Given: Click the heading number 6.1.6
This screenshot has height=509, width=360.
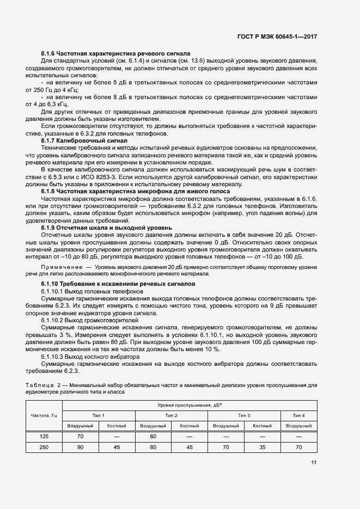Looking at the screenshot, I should click(x=50, y=54).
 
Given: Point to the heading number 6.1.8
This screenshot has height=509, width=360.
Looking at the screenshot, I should click(x=50, y=191).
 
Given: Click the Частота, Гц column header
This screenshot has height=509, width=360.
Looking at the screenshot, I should click(x=44, y=415).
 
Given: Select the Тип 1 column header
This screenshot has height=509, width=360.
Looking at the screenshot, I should click(x=99, y=415).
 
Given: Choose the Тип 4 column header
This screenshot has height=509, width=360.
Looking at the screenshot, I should click(x=298, y=415).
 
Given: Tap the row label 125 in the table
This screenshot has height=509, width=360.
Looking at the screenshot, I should click(x=44, y=437).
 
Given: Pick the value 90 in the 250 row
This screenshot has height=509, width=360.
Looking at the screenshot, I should click(x=81, y=447).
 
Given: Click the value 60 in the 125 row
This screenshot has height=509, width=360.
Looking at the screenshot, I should click(x=153, y=437).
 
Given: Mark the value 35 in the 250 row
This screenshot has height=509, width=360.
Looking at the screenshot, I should click(x=262, y=447).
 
